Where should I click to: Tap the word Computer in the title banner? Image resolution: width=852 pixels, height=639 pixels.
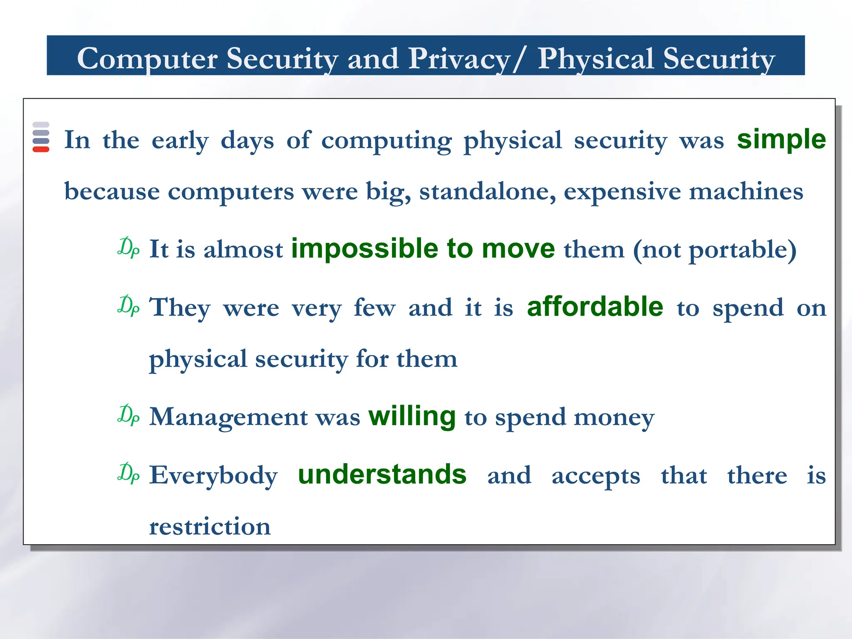pyautogui.click(x=147, y=59)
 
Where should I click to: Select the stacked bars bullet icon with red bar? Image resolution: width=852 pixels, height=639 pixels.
pyautogui.click(x=41, y=137)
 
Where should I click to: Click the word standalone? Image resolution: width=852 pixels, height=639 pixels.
pyautogui.click(x=487, y=191)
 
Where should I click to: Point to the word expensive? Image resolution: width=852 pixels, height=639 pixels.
pyautogui.click(x=622, y=192)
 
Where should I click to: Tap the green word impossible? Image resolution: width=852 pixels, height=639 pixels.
pyautogui.click(x=364, y=249)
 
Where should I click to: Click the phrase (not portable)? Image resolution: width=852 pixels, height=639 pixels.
pyautogui.click(x=714, y=250)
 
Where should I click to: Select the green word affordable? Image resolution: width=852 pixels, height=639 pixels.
pyautogui.click(x=595, y=307)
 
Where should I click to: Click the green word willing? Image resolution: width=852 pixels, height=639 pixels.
pyautogui.click(x=412, y=416)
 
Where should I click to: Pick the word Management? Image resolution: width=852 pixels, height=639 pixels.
pyautogui.click(x=228, y=417)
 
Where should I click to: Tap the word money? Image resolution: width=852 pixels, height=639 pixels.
pyautogui.click(x=614, y=417)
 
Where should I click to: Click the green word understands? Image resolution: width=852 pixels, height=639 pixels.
pyautogui.click(x=382, y=474)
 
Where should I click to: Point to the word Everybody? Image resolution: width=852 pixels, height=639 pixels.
pyautogui.click(x=213, y=475)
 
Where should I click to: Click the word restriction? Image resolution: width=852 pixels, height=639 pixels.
pyautogui.click(x=210, y=526)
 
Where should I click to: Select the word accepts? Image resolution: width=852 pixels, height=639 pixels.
pyautogui.click(x=595, y=475)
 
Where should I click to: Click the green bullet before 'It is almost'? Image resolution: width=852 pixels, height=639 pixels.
pyautogui.click(x=128, y=248)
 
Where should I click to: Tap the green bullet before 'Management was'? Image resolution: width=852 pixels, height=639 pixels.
pyautogui.click(x=128, y=415)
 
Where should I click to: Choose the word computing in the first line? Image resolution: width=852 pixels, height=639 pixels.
pyautogui.click(x=386, y=140)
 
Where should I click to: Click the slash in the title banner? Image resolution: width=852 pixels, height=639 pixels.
pyautogui.click(x=519, y=59)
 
